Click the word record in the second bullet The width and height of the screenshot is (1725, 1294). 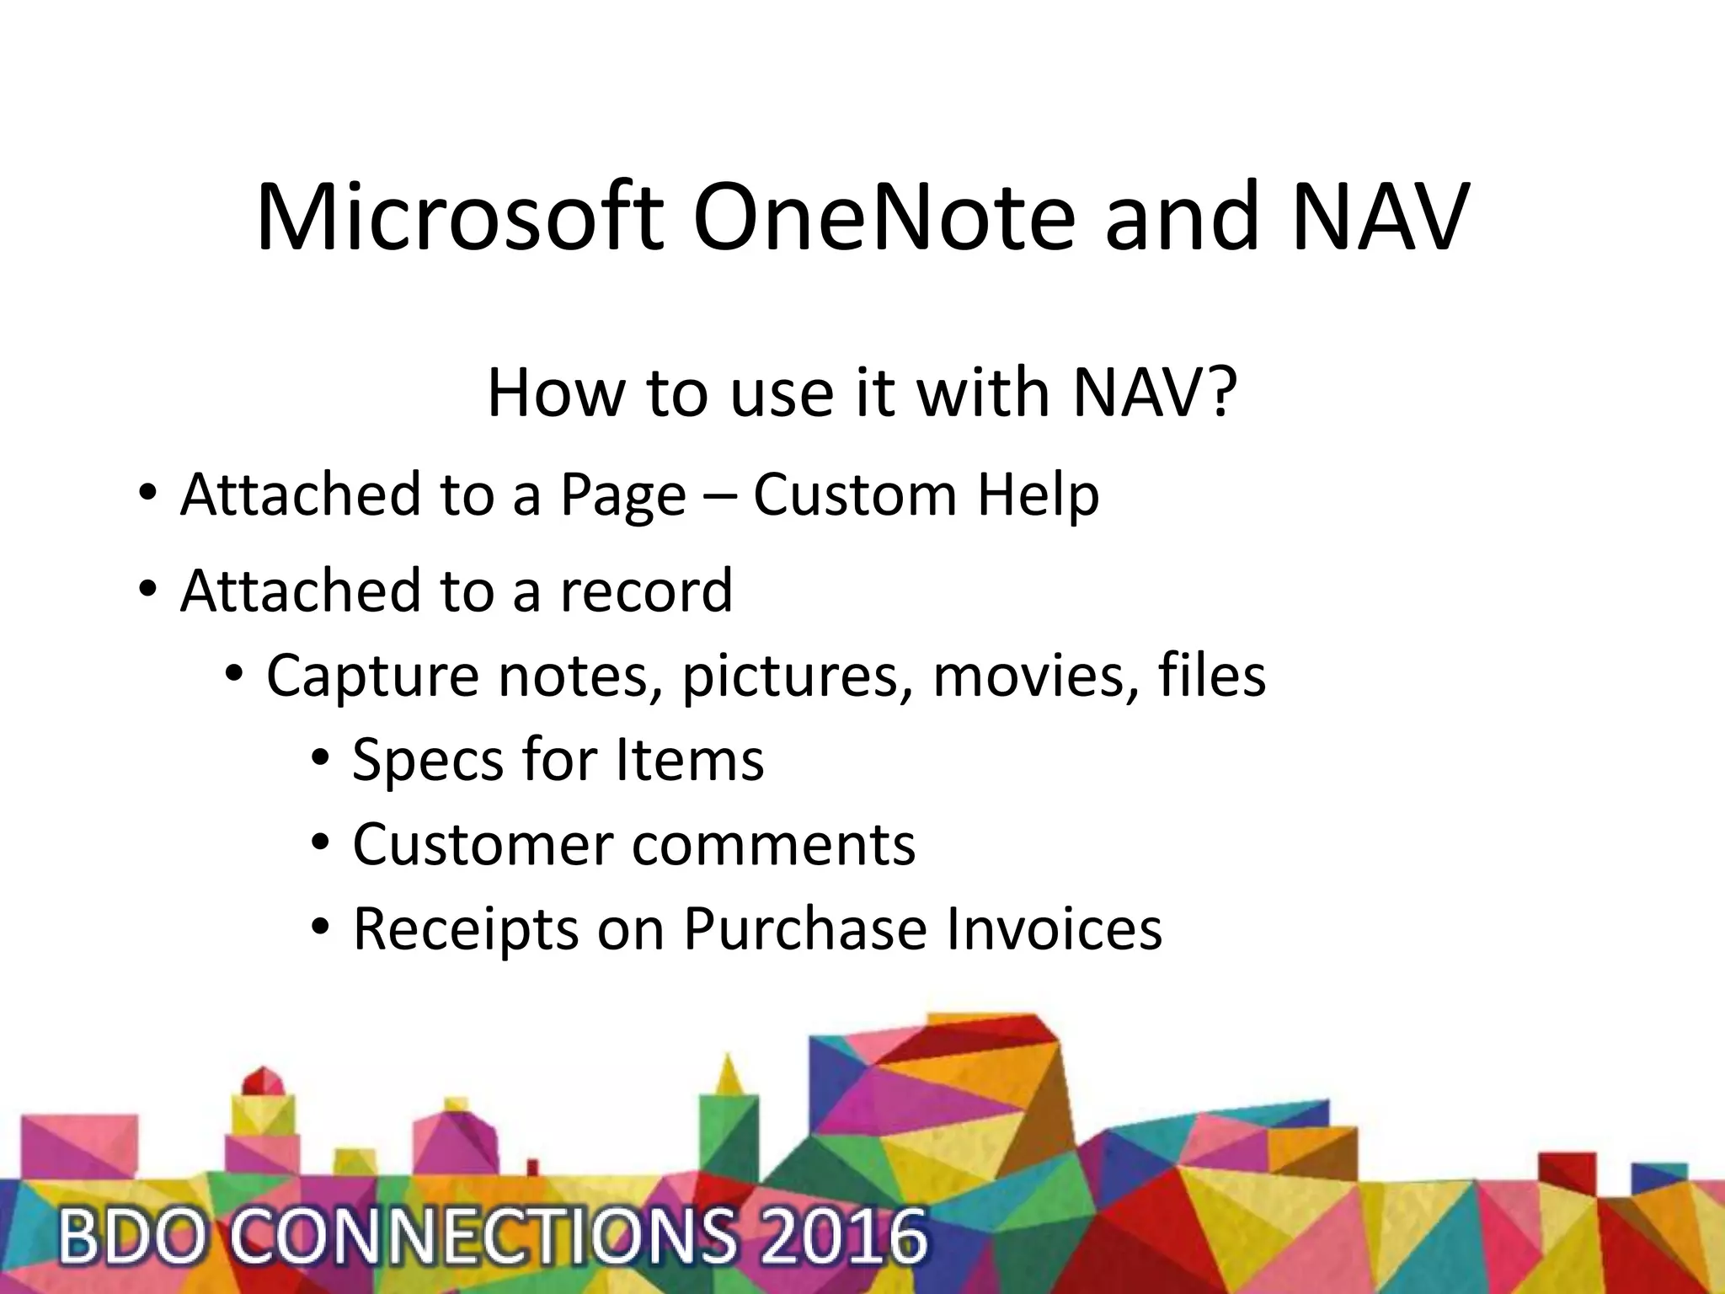point(646,591)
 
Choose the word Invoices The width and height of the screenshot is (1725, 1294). point(1054,929)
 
